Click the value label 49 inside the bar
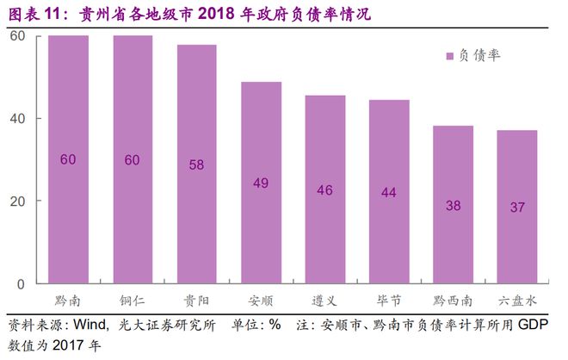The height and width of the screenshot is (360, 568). point(261,183)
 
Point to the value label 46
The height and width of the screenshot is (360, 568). point(324,189)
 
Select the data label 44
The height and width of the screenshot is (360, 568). point(388,192)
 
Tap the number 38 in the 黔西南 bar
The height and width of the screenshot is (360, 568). point(453,205)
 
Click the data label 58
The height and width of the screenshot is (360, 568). point(196,164)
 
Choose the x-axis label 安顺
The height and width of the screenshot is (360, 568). point(261,301)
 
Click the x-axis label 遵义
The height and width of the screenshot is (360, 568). point(324,301)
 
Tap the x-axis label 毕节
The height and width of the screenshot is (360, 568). point(388,301)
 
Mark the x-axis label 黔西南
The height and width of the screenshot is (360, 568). point(453,301)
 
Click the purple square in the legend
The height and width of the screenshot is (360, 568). point(449,56)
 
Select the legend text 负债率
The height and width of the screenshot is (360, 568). point(479,56)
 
